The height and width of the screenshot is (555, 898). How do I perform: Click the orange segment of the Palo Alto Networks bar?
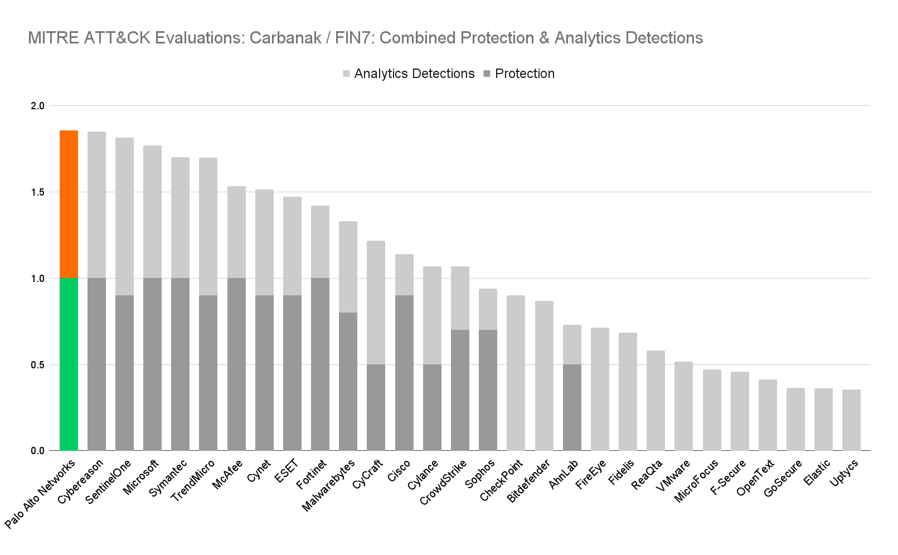click(x=69, y=204)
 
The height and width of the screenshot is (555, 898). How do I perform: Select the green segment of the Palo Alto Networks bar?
click(x=69, y=364)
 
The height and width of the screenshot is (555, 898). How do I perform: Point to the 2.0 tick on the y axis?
click(x=37, y=106)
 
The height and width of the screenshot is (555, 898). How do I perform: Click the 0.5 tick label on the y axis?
click(x=37, y=365)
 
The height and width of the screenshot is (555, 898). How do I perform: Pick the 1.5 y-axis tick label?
click(x=37, y=192)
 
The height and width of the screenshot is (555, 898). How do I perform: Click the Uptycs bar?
click(x=851, y=420)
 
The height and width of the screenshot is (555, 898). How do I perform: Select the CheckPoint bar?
click(x=516, y=373)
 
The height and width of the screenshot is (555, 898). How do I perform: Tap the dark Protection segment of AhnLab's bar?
click(x=572, y=407)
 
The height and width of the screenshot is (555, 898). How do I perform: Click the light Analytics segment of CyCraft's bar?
click(x=376, y=303)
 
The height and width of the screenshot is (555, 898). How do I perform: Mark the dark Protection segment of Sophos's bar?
click(x=488, y=390)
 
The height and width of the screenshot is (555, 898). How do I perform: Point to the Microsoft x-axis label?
click(x=142, y=477)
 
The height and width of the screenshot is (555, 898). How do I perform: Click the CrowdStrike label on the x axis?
click(x=444, y=483)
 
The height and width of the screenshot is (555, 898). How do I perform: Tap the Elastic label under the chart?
click(x=817, y=473)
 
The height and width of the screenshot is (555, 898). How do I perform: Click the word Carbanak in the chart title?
click(x=285, y=38)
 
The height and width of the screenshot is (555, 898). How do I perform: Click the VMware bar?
click(x=683, y=406)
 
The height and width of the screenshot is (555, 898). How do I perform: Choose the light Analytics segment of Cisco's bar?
click(x=404, y=275)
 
